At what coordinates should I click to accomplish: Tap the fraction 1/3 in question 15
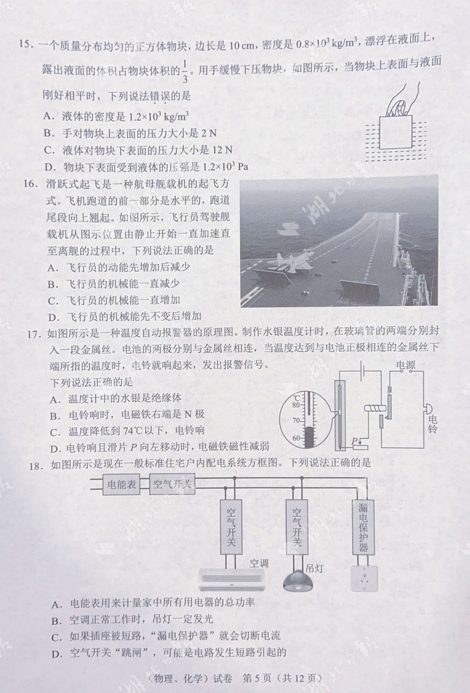tap(185, 72)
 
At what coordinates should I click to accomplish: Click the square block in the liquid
tap(395, 133)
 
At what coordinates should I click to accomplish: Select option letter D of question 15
tap(48, 167)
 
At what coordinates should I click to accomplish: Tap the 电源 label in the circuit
tap(405, 365)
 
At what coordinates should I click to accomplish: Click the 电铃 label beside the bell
tap(432, 424)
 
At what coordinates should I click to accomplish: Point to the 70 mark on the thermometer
tap(297, 421)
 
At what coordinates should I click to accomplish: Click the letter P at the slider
tap(354, 442)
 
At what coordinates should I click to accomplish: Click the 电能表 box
tap(122, 485)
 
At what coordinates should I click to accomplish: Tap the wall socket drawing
tap(363, 577)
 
